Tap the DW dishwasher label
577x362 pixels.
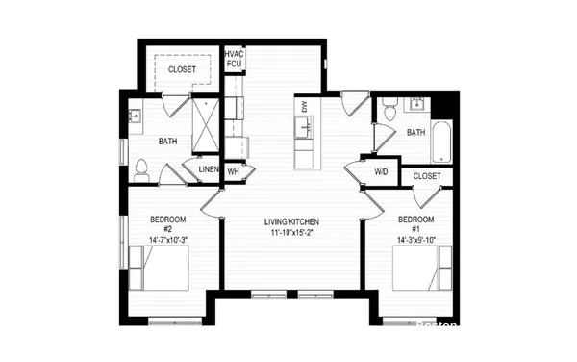point(305,107)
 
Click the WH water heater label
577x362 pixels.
point(233,171)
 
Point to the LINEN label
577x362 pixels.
point(208,171)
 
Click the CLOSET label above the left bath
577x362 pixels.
point(182,70)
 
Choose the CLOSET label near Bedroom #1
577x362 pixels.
point(427,177)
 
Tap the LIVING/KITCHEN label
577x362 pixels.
point(299,222)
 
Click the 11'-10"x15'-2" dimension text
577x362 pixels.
point(299,234)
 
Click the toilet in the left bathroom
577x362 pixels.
point(141,170)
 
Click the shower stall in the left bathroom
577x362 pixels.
point(205,122)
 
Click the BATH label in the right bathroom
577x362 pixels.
point(416,132)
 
